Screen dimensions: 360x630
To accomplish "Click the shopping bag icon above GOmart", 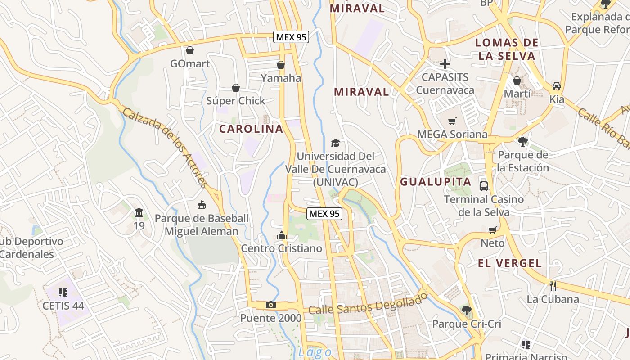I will point(190,50).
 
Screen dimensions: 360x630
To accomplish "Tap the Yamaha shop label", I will point(281,78).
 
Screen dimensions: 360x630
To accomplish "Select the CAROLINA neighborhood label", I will point(251,129).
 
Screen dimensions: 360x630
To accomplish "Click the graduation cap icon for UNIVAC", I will point(335,144).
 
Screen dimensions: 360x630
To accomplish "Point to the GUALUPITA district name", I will point(436,182).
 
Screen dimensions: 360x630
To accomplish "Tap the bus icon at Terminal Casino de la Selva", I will point(484,186).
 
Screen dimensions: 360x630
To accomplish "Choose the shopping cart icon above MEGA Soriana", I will point(452,121).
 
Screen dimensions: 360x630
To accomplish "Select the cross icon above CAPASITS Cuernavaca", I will point(445,64).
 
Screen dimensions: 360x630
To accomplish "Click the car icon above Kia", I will point(557,86).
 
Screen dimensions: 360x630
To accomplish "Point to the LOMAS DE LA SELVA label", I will point(507,49).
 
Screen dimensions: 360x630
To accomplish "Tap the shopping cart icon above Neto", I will point(493,230).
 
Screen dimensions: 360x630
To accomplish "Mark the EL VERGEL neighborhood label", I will point(510,263).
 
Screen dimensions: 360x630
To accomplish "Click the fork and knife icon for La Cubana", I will point(553,286).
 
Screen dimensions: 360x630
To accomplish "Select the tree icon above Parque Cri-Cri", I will point(466,310).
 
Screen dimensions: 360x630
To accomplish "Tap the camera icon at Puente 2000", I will point(270,305).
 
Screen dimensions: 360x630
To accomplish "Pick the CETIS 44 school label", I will point(63,306).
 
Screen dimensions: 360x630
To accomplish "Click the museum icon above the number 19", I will point(139,212).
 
